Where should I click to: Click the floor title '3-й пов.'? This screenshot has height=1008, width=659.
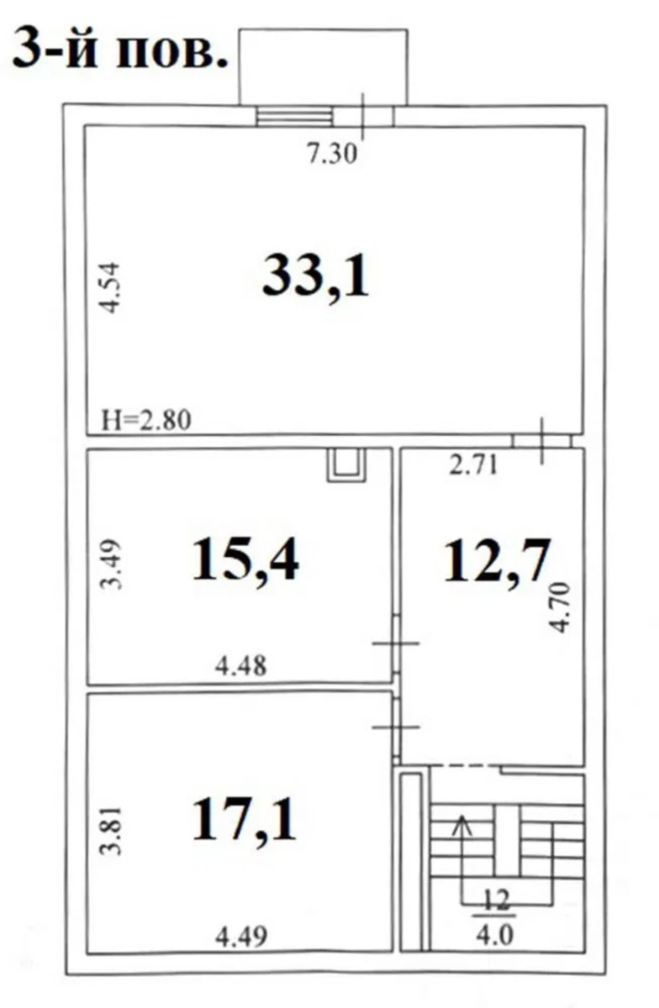click(120, 48)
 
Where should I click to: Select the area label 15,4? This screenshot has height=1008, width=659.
click(245, 561)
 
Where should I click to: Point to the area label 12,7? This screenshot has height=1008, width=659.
click(497, 561)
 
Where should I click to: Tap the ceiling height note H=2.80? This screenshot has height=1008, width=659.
click(146, 420)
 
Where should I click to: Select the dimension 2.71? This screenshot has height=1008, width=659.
click(473, 465)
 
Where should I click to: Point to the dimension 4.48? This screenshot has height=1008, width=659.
click(240, 665)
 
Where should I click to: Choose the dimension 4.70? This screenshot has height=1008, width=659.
click(561, 607)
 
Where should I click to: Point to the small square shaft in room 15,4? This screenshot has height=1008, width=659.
click(346, 465)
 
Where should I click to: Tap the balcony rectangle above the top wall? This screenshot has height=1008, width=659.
click(323, 67)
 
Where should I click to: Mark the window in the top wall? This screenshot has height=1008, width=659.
click(294, 116)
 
